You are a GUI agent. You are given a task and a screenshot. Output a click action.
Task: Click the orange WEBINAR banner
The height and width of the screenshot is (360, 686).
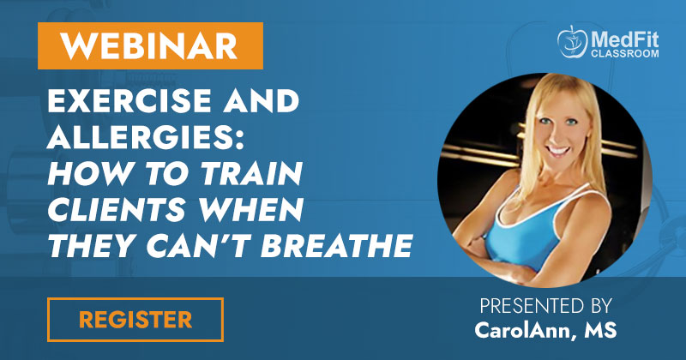[x=150, y=45]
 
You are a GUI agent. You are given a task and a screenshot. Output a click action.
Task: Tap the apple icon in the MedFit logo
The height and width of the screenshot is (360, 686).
[x=572, y=43]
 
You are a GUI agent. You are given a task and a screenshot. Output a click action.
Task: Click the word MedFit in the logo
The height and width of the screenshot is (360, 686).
[x=625, y=39]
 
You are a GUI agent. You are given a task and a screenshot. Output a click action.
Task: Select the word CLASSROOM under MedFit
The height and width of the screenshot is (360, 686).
[x=625, y=53]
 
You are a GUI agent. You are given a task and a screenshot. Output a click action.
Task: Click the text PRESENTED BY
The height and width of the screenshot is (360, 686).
[x=545, y=306]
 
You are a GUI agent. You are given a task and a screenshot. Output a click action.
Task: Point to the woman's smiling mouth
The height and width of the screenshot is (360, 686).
[x=558, y=150]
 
